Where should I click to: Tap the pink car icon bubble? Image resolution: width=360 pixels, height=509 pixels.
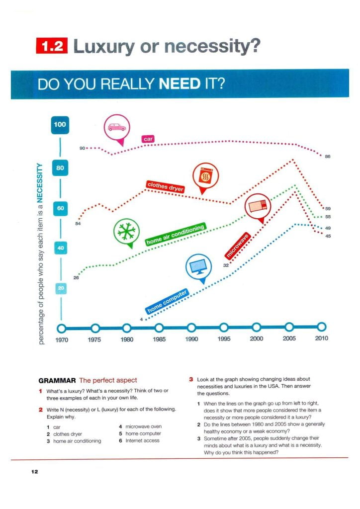(x=117, y=127)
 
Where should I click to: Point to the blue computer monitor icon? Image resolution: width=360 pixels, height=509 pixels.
(x=199, y=267)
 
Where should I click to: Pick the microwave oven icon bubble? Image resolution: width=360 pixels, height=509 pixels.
(x=258, y=205)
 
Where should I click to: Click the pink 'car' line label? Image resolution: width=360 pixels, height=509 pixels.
(x=148, y=139)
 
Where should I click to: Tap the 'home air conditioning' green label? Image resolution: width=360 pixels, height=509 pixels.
(x=175, y=235)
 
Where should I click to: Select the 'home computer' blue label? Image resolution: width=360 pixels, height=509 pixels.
(x=168, y=302)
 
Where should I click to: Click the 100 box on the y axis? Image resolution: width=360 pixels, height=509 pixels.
(x=60, y=125)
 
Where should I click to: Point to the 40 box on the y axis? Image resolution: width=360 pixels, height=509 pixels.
(x=60, y=248)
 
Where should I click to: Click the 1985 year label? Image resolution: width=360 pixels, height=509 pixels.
(x=159, y=339)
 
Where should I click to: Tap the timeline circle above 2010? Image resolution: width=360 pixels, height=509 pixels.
(x=322, y=327)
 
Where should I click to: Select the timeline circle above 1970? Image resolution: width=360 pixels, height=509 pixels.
(x=62, y=328)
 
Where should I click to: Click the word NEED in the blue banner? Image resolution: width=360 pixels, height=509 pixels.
(x=180, y=84)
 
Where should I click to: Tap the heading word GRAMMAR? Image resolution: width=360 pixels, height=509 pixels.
(x=57, y=380)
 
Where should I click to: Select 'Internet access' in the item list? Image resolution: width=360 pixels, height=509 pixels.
(x=143, y=440)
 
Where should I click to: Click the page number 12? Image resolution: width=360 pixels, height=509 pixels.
(x=34, y=471)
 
